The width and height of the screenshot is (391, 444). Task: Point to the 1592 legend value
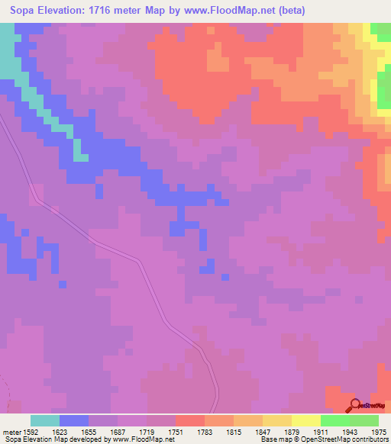point(28,431)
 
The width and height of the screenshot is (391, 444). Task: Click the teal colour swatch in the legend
point(45,420)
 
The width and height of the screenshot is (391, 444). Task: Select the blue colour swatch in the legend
point(74,420)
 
